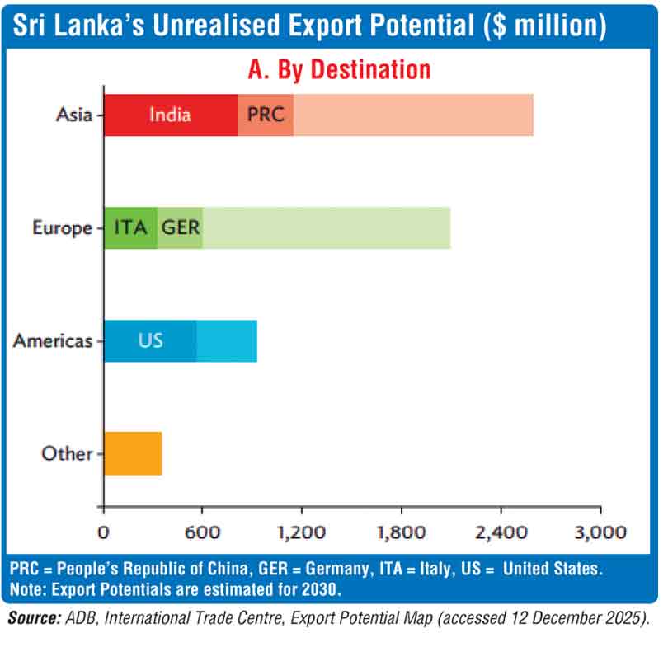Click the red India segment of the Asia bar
pos(170,115)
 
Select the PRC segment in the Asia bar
pos(266,115)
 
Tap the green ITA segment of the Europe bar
pos(130,227)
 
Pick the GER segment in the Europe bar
pos(180,227)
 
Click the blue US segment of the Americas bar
pos(150,340)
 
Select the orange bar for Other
pos(133,452)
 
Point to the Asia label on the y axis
pos(74,115)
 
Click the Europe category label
pos(62,227)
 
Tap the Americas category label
pos(53,340)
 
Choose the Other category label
pos(66,452)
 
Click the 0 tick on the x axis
pos(103,532)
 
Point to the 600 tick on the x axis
pos(203,532)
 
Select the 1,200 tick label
pos(302,532)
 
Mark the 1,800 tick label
pos(402,532)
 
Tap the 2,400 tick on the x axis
pos(501,532)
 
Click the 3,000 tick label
pos(600,532)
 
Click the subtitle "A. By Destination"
pos(339,69)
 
